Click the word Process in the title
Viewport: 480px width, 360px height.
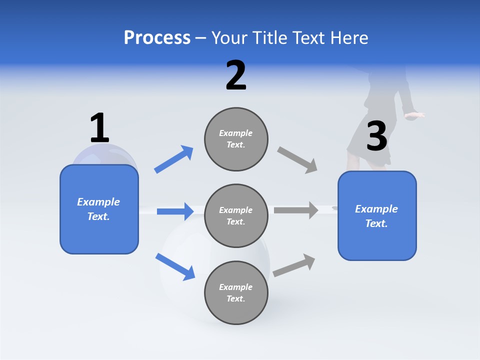tap(157, 38)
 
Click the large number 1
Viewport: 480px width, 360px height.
tap(99, 128)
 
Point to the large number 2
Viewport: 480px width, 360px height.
tap(236, 75)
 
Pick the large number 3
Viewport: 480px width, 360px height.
tap(376, 136)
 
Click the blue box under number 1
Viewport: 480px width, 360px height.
tap(99, 209)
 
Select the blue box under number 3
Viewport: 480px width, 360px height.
tap(377, 216)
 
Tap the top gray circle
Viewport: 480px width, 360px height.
tap(236, 139)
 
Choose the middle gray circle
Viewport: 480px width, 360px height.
tap(236, 216)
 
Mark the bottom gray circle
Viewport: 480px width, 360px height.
tap(236, 292)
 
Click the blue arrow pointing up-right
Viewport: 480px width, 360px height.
tap(174, 159)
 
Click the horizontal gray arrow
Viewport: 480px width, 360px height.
tap(296, 210)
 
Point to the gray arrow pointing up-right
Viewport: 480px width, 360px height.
tap(294, 265)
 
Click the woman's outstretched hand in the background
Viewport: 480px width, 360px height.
tap(414, 115)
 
